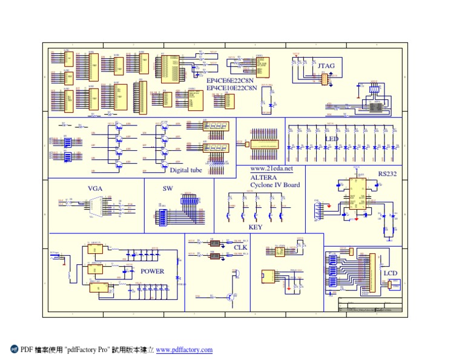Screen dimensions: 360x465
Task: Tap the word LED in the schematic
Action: click(x=332, y=139)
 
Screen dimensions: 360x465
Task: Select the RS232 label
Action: click(x=387, y=173)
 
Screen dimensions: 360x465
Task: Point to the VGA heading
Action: click(x=95, y=188)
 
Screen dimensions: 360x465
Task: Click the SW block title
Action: click(x=168, y=188)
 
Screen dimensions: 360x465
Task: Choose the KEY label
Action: click(x=256, y=227)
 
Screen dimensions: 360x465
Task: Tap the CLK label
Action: click(x=240, y=247)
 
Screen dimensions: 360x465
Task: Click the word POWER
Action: click(x=152, y=271)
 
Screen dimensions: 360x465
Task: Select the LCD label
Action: click(x=391, y=273)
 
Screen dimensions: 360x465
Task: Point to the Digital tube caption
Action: click(x=186, y=170)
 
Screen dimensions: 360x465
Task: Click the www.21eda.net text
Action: click(x=271, y=168)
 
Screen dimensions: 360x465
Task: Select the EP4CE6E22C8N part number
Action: click(x=232, y=80)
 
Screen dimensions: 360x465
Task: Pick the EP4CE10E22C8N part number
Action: click(x=233, y=87)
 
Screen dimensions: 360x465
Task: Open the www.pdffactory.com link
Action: click(x=184, y=350)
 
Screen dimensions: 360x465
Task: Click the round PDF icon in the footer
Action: click(x=15, y=349)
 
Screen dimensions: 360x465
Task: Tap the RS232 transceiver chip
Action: click(x=356, y=193)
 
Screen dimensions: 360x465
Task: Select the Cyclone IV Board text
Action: click(x=275, y=184)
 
